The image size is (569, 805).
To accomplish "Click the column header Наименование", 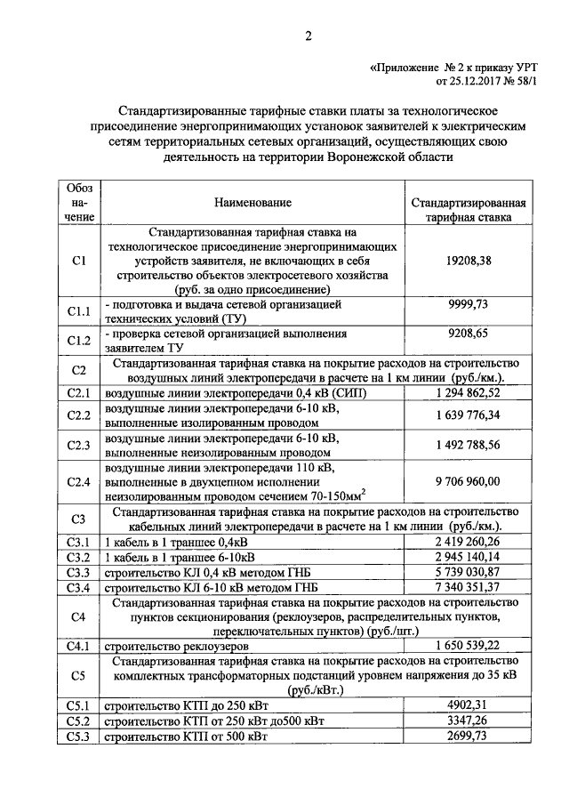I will (x=252, y=204).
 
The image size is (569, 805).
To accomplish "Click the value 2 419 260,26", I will (x=468, y=541).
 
